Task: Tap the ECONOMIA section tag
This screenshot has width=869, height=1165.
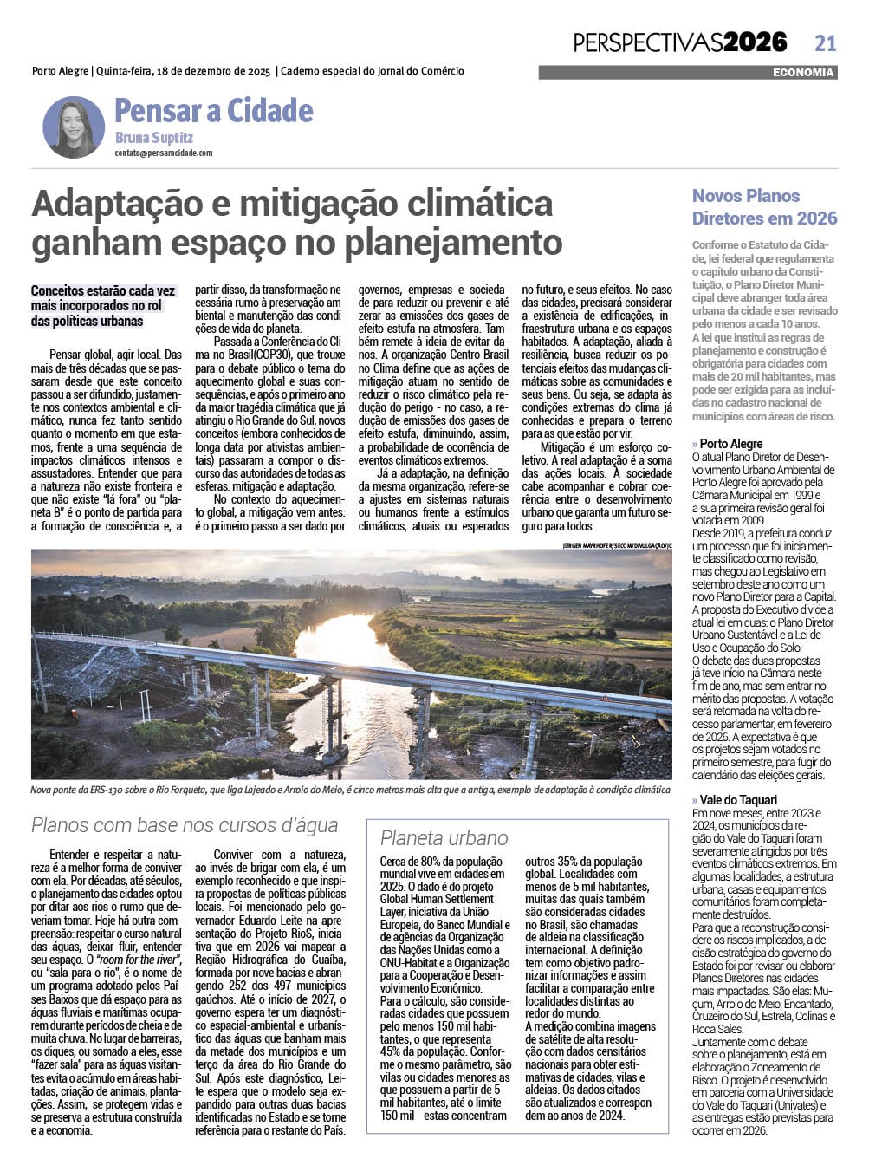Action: point(803,73)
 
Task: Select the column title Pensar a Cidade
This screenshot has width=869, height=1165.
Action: point(213,111)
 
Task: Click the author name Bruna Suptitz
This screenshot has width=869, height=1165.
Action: point(153,138)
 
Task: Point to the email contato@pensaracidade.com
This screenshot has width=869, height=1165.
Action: point(163,153)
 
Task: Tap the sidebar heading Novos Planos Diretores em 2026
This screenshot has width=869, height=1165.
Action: point(764,207)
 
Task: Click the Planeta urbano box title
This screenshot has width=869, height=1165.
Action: point(444,837)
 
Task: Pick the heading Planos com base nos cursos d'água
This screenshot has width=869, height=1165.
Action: point(185,825)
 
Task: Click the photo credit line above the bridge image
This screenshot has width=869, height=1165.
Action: point(616,545)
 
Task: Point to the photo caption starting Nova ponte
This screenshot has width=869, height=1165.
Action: point(350,790)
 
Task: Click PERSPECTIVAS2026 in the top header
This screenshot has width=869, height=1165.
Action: point(680,42)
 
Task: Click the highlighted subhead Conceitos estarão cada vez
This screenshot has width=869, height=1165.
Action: point(102,292)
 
